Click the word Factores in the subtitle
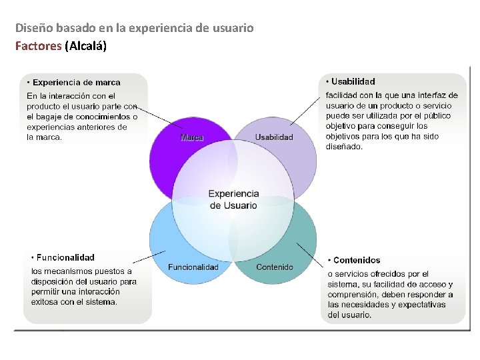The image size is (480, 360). [x=38, y=46]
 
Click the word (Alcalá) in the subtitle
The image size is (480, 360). [x=85, y=46]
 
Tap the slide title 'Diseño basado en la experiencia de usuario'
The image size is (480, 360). [x=134, y=28]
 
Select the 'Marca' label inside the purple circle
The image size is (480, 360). [x=192, y=137]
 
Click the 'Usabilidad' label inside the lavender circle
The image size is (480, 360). [x=274, y=137]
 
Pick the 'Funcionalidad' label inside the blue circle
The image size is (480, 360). [x=193, y=267]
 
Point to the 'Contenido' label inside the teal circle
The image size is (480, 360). [x=275, y=267]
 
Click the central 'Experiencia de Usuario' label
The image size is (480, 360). [x=233, y=199]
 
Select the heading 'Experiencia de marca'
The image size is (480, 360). [x=77, y=83]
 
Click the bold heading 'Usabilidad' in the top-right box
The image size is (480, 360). [x=353, y=81]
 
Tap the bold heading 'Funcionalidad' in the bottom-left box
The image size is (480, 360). [x=65, y=257]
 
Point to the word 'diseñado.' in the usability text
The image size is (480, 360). [x=345, y=147]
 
